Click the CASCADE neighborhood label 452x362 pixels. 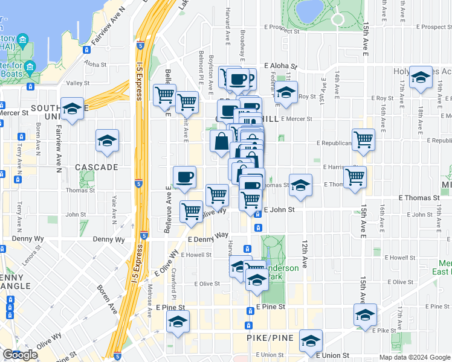[96, 167]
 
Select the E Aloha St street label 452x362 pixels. [280, 67]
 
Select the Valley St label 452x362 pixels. [78, 83]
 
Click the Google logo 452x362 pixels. [21, 355]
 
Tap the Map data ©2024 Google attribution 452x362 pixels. [415, 357]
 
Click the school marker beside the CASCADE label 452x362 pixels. [107, 141]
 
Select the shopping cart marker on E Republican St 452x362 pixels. [363, 139]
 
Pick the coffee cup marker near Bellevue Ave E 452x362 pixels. [184, 177]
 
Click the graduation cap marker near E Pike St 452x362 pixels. [365, 316]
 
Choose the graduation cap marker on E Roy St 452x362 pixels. [286, 93]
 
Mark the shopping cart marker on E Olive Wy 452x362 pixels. [191, 212]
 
